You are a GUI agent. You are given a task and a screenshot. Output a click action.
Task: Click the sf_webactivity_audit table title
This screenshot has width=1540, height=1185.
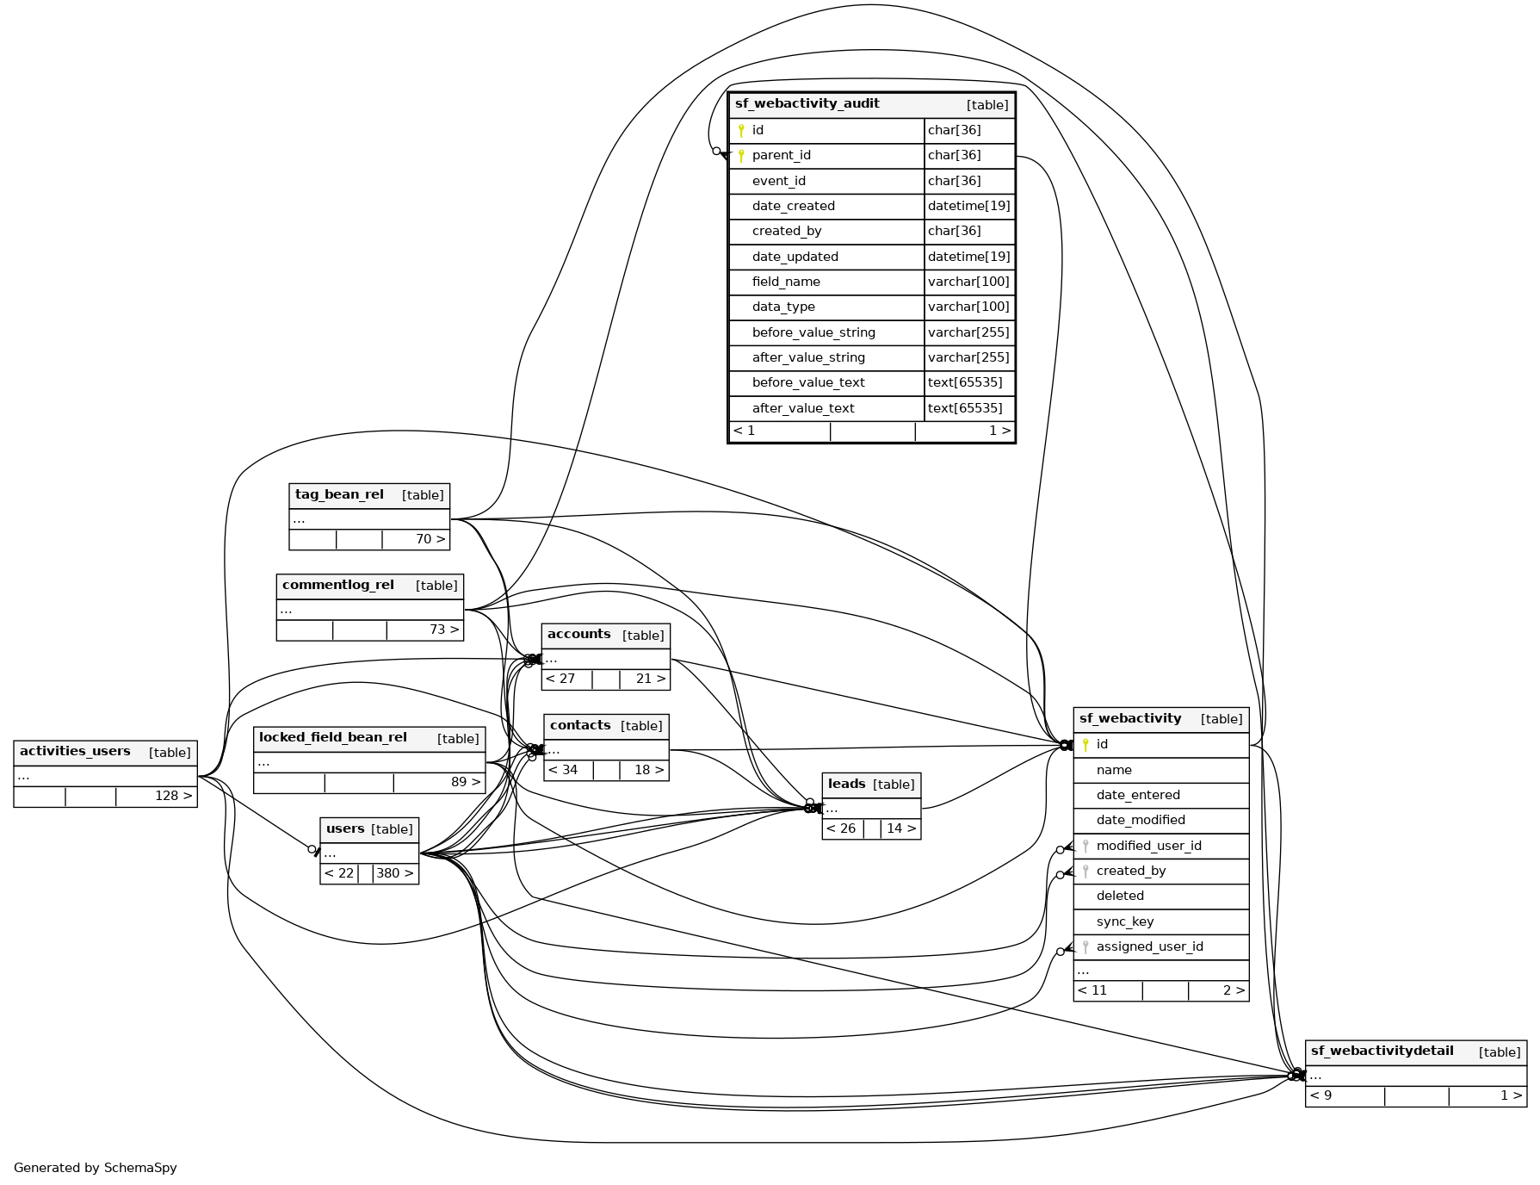(x=807, y=104)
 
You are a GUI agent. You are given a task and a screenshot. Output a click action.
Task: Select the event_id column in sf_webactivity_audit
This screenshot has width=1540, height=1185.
(x=778, y=181)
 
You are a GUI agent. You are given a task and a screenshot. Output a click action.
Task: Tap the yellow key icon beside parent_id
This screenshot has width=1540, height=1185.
(x=741, y=156)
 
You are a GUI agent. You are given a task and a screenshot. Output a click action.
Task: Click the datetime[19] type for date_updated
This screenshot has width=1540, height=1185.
(x=968, y=257)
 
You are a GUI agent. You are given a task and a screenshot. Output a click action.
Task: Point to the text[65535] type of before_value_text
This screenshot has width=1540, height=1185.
(x=964, y=382)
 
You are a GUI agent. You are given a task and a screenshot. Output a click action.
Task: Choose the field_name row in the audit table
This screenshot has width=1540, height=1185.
(x=785, y=282)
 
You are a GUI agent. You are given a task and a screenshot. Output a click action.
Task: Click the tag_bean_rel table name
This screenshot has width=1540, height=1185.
(x=339, y=495)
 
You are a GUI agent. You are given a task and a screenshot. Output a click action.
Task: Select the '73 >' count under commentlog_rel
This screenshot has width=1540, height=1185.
(x=443, y=630)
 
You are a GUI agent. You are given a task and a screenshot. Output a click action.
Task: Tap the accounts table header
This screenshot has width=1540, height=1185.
(x=578, y=635)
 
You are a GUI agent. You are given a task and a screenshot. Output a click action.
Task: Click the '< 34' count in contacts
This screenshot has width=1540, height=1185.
(x=563, y=770)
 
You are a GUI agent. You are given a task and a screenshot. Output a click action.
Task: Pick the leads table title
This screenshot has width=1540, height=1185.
(x=846, y=784)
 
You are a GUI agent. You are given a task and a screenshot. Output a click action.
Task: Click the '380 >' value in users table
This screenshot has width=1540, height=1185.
(x=394, y=873)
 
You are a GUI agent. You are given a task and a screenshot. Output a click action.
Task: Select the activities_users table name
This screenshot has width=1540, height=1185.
(x=75, y=752)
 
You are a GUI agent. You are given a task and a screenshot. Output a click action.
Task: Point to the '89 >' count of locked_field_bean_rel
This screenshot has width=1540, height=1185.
(x=465, y=782)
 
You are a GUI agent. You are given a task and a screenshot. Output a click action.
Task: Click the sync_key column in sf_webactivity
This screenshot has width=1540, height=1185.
(x=1124, y=921)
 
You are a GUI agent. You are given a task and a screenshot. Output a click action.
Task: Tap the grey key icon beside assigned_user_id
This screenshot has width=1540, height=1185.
(x=1085, y=946)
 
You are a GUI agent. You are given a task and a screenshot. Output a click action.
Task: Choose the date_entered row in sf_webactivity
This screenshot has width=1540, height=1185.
(x=1137, y=795)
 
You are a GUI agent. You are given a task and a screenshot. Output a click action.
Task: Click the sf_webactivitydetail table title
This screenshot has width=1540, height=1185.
(x=1382, y=1052)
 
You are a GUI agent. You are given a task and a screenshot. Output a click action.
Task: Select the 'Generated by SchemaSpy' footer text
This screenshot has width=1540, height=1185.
(x=96, y=1168)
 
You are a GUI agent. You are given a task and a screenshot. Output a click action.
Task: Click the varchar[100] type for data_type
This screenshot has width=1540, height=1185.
(x=968, y=307)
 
